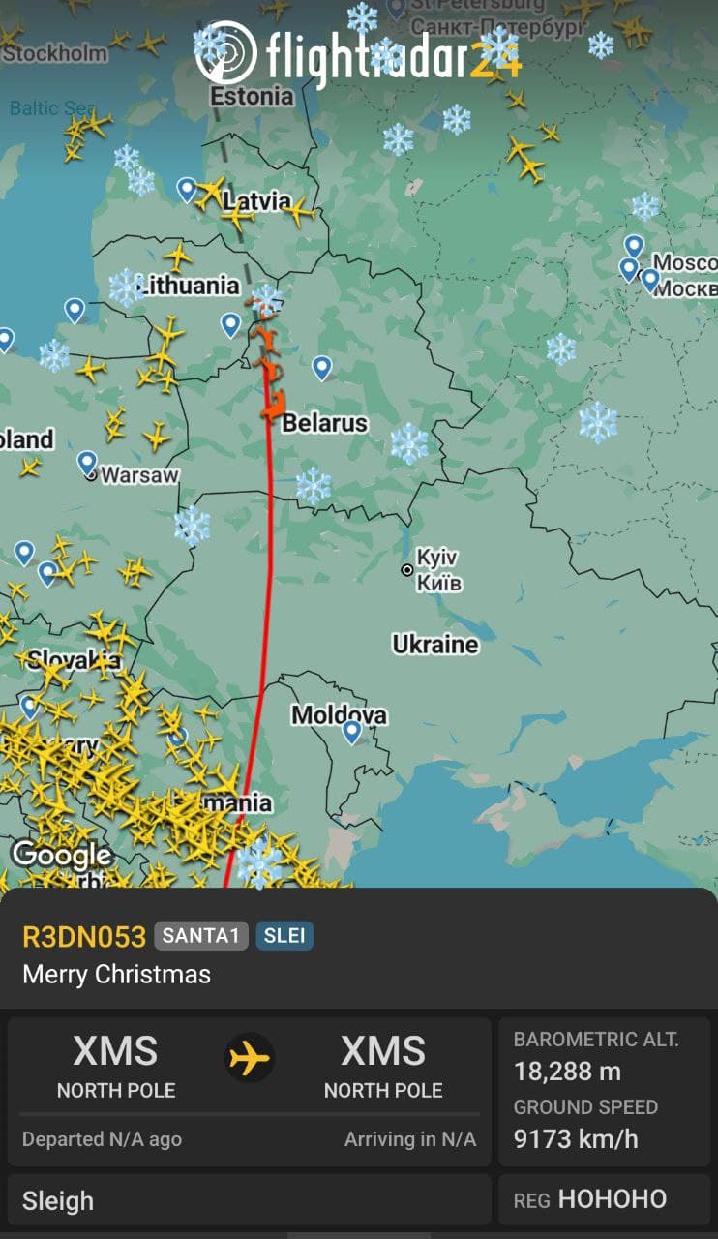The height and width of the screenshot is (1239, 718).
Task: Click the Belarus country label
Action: [324, 423]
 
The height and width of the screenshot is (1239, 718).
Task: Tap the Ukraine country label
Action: [434, 644]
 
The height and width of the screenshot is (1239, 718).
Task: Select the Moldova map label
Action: [339, 715]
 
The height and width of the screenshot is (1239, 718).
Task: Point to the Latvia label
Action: [256, 201]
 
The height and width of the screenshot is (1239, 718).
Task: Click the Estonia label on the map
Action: [252, 96]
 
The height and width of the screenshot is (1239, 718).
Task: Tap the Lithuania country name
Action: [189, 285]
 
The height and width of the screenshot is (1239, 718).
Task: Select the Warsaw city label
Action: [139, 475]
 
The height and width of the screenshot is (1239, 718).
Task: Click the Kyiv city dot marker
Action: [407, 570]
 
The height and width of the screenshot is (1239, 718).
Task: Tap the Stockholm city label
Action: [54, 52]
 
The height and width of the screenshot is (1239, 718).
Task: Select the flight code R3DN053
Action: [84, 936]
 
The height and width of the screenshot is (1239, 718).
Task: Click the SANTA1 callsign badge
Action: [200, 936]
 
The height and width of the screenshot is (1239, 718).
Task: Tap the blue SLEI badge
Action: [284, 936]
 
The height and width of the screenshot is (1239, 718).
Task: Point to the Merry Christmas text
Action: [116, 974]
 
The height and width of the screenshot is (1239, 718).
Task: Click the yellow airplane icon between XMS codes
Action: [250, 1059]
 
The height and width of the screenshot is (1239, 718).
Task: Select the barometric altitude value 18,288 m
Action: [567, 1072]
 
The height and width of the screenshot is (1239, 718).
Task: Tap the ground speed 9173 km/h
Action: [576, 1138]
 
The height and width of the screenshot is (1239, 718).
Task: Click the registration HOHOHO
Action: [612, 1199]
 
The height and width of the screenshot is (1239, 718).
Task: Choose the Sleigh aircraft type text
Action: [58, 1201]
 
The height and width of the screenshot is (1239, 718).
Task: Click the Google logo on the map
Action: [61, 855]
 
